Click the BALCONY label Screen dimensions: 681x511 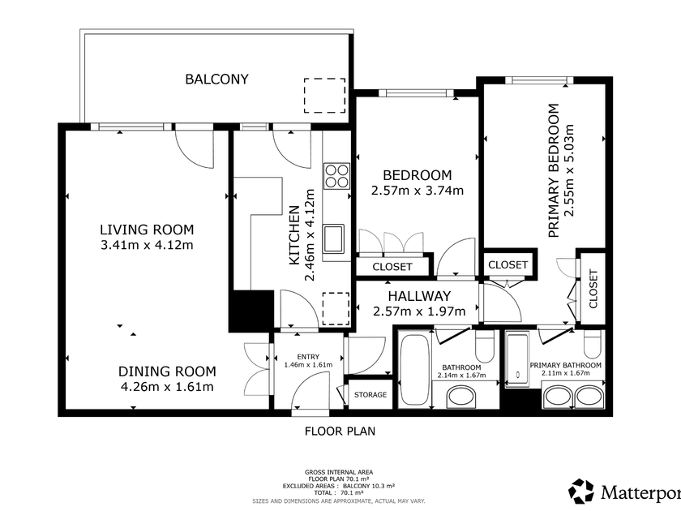pyautogui.click(x=216, y=79)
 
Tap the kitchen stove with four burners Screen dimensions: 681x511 pyautogui.click(x=336, y=176)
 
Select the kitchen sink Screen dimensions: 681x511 pyautogui.click(x=333, y=238)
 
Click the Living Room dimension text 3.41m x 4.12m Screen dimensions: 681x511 pyautogui.click(x=147, y=245)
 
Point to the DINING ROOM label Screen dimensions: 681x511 pyautogui.click(x=167, y=371)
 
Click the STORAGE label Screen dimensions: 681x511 pyautogui.click(x=370, y=394)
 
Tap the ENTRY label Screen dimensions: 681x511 pyautogui.click(x=308, y=357)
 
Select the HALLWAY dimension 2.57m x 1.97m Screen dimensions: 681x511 pyautogui.click(x=419, y=311)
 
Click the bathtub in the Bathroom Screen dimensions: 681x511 pyautogui.click(x=415, y=369)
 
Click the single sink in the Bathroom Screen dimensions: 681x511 pyautogui.click(x=462, y=397)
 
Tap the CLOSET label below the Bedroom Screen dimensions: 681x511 pyautogui.click(x=392, y=266)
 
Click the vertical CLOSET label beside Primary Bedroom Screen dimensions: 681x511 pyautogui.click(x=593, y=289)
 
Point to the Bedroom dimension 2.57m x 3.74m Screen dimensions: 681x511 pyautogui.click(x=418, y=191)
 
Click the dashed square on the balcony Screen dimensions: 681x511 pyautogui.click(x=325, y=96)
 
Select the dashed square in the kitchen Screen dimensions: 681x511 pyautogui.click(x=336, y=309)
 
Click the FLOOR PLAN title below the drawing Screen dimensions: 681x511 pyautogui.click(x=340, y=431)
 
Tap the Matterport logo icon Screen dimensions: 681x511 pyautogui.click(x=581, y=491)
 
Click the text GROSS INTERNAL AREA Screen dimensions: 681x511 pyautogui.click(x=339, y=472)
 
